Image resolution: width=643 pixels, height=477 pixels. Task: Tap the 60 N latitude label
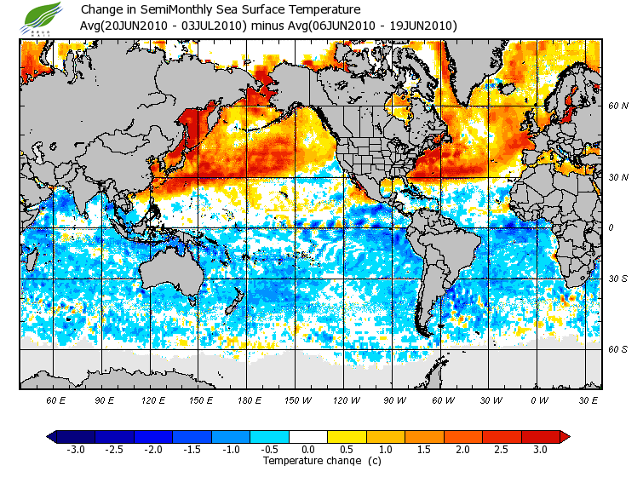(x=617, y=106)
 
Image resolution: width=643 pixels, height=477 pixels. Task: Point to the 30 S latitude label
(x=617, y=279)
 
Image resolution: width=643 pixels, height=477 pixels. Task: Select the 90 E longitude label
(x=104, y=399)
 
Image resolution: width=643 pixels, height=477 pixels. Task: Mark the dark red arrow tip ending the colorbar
(x=564, y=436)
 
